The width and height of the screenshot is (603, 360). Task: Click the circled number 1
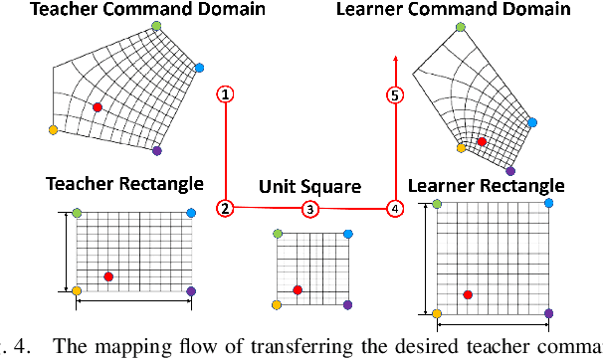[227, 95]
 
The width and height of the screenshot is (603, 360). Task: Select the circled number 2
[227, 208]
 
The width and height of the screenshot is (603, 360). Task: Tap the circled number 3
[310, 209]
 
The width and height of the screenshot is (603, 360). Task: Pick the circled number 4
[395, 209]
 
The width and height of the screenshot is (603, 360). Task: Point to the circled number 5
[395, 95]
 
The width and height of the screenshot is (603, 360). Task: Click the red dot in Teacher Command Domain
[97, 106]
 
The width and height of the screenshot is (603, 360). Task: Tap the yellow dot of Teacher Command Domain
[53, 129]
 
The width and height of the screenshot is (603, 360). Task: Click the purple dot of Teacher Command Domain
[157, 150]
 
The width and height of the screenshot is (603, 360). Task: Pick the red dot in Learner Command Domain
[482, 141]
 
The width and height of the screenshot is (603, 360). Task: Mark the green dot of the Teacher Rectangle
[77, 213]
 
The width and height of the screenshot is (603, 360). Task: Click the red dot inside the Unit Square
[298, 289]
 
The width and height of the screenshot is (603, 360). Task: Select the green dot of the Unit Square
[276, 235]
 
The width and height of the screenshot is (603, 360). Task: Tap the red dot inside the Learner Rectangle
[468, 294]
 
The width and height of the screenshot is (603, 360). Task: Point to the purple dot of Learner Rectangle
[548, 314]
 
